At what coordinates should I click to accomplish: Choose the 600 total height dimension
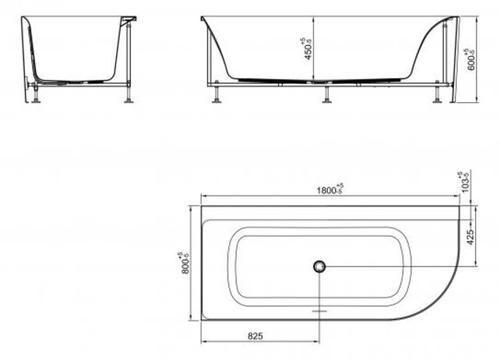470,56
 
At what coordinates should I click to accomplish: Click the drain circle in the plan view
319,267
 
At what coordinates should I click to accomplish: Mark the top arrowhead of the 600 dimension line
478,16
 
